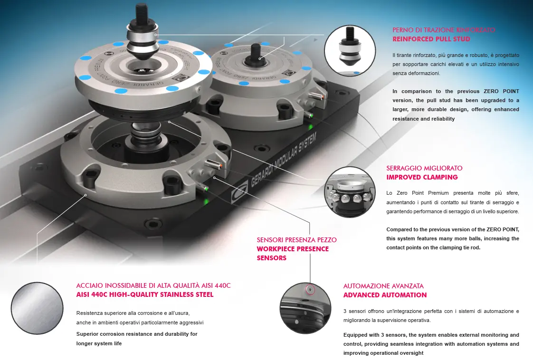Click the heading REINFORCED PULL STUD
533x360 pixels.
[x=431, y=39]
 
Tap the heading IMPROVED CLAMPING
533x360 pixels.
[x=422, y=177]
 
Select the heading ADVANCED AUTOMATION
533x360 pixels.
[x=385, y=295]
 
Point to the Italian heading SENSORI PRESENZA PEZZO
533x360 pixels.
[x=296, y=240]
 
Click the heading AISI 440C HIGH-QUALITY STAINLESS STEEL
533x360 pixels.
[x=145, y=294]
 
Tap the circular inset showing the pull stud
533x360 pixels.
[x=350, y=50]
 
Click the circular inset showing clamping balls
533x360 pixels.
[x=350, y=192]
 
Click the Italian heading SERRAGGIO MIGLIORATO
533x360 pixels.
[x=424, y=168]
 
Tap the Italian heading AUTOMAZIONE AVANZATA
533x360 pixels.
[x=383, y=286]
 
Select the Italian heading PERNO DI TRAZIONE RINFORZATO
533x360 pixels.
[x=444, y=30]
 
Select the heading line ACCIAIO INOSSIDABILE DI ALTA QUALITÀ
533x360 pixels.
[x=153, y=285]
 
